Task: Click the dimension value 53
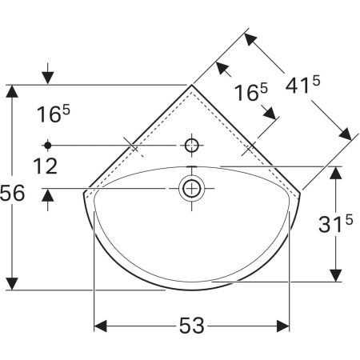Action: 191,326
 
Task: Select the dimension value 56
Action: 12,193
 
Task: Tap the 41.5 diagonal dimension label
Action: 302,85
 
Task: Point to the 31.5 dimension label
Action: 335,223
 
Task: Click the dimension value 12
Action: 45,166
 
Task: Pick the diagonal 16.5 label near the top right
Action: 250,92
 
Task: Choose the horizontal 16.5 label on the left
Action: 53,114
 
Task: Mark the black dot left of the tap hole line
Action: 48,146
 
